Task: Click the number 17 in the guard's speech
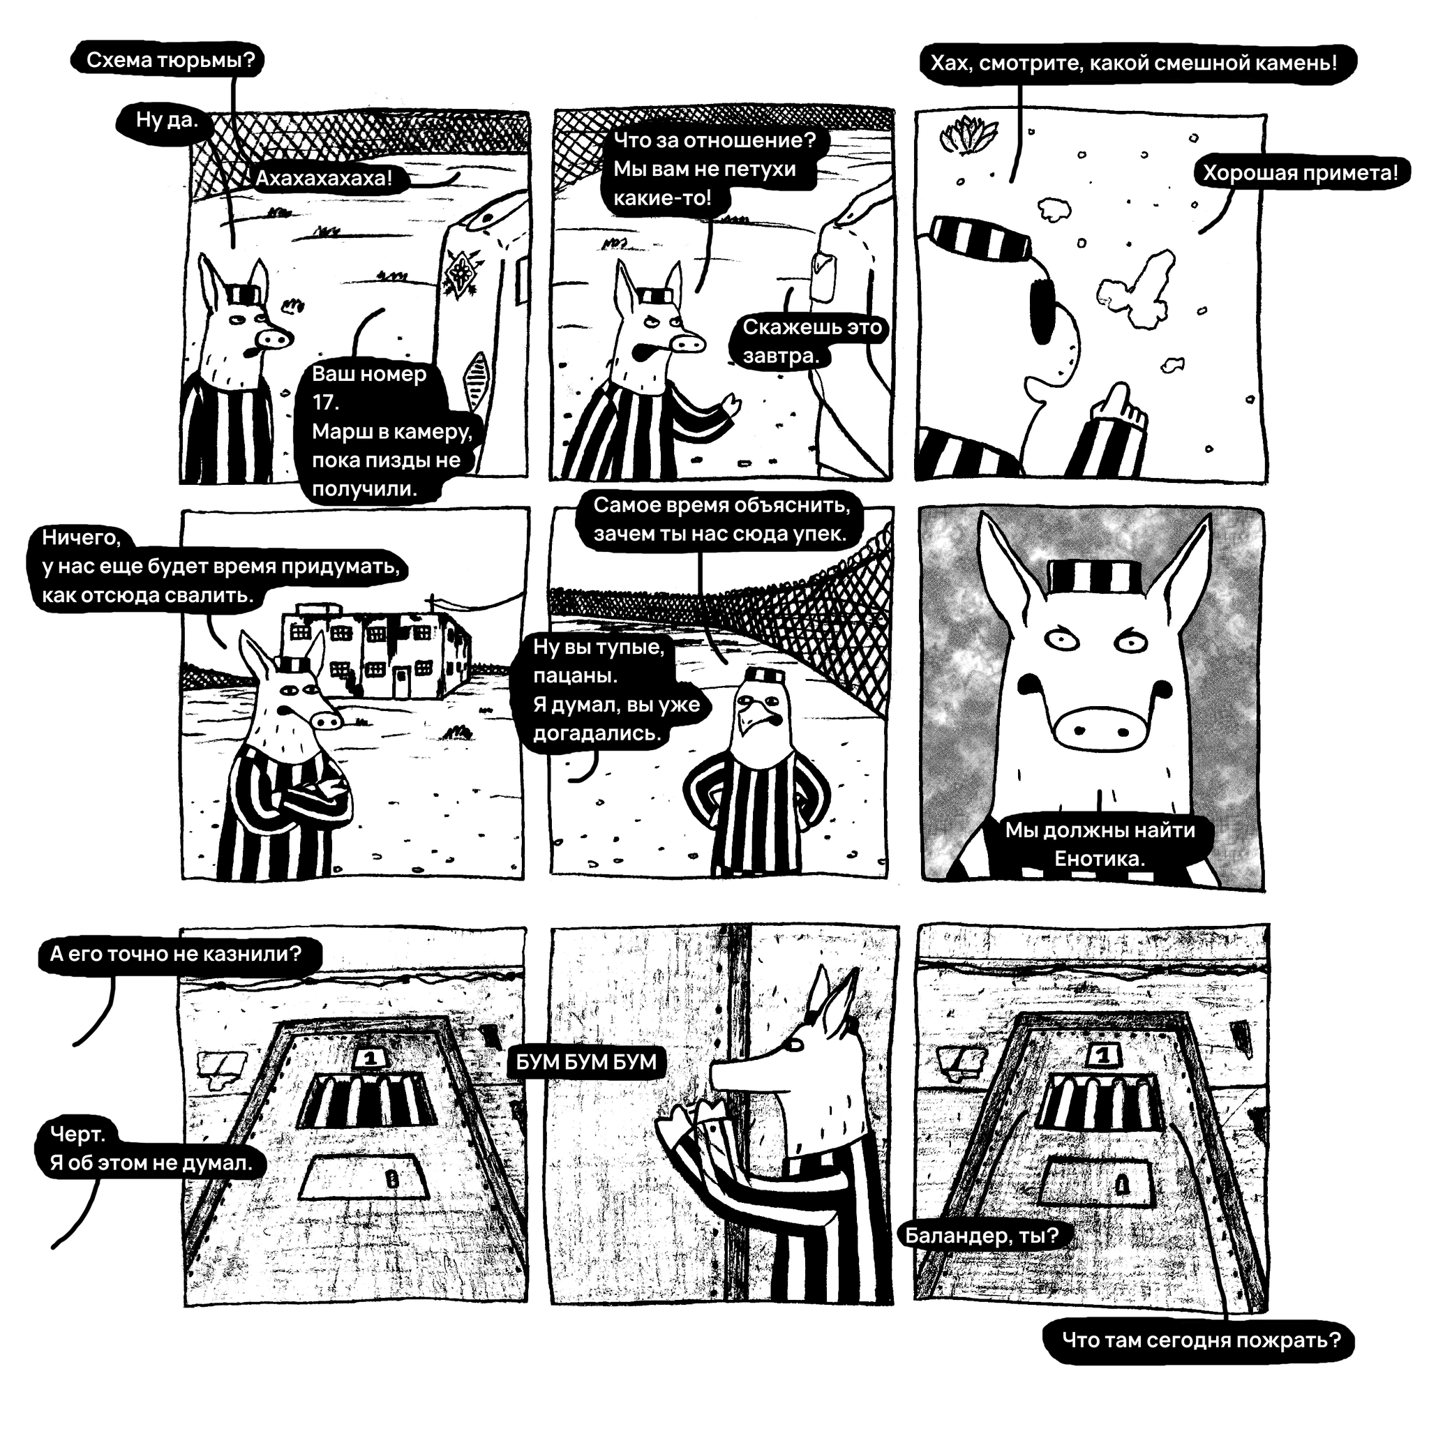coord(324,403)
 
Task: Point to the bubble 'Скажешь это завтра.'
coord(811,341)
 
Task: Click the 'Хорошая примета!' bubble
coord(1301,173)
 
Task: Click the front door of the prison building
coord(401,682)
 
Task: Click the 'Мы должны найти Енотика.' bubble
coord(1099,844)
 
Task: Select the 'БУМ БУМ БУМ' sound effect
coord(586,1062)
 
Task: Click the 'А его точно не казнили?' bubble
coord(177,954)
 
